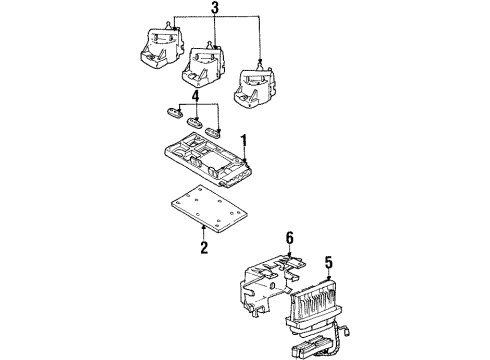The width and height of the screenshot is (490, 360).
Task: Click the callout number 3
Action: pos(211,10)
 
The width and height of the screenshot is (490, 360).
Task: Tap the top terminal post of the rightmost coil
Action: pos(260,62)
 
